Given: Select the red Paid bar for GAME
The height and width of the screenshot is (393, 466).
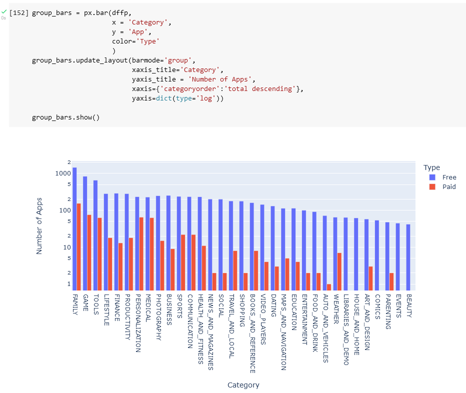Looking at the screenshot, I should click(89, 252).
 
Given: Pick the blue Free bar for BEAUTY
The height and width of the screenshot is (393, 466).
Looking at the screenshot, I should click(408, 257).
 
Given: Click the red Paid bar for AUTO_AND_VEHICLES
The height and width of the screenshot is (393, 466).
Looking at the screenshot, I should click(329, 287).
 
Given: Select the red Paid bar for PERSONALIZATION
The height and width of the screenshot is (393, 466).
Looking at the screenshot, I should click(141, 253).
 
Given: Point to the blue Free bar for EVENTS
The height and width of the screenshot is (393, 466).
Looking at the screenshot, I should click(397, 256).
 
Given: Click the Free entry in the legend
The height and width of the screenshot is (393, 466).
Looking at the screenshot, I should click(449, 177).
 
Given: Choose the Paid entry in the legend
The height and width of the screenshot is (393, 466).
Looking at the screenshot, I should click(449, 186).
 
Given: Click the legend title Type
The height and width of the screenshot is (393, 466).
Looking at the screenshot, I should click(431, 167).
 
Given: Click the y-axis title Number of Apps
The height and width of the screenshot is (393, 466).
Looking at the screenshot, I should click(39, 225).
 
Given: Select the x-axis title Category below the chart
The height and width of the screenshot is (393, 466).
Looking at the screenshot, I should click(243, 384).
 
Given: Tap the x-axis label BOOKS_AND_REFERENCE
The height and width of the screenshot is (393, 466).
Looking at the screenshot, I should click(252, 333).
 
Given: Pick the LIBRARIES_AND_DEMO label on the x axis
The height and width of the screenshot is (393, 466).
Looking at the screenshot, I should click(345, 329).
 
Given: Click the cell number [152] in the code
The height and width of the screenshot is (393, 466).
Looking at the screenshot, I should click(19, 12).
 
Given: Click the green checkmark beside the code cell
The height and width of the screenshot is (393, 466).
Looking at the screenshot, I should click(4, 11).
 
